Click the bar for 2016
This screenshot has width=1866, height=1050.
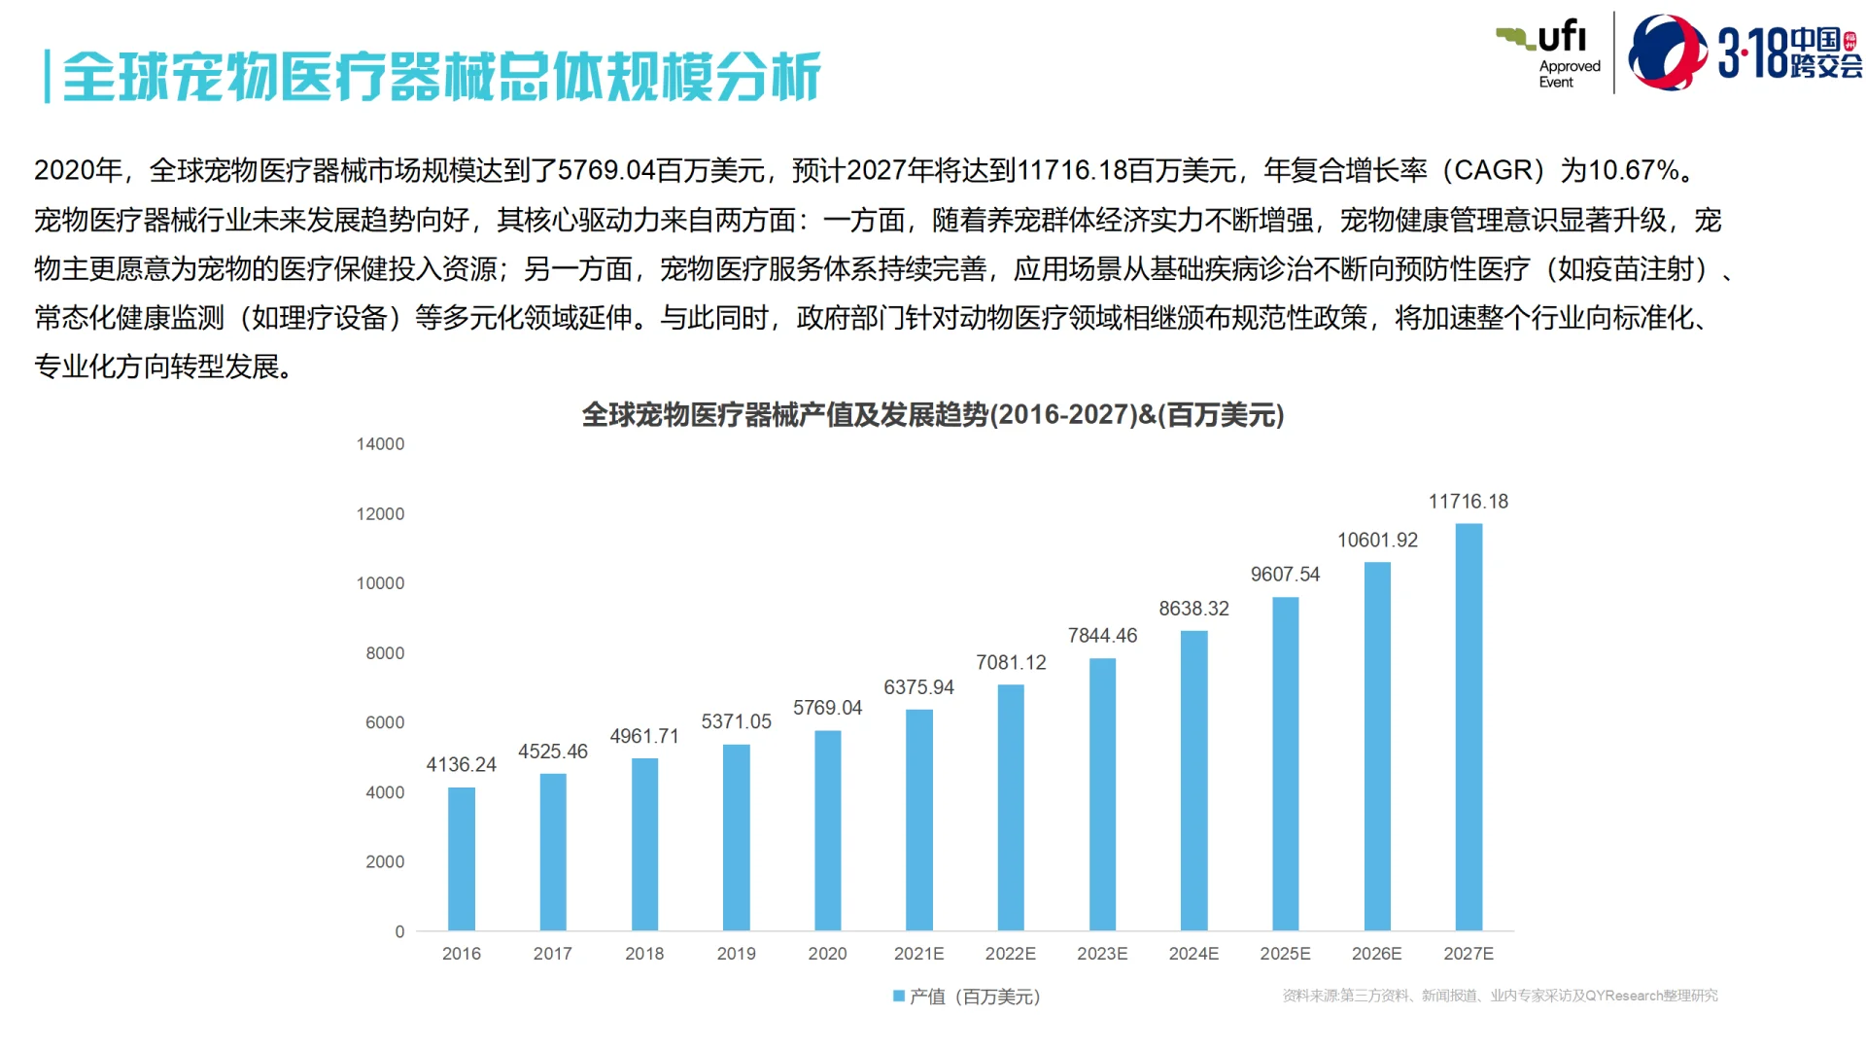click(462, 859)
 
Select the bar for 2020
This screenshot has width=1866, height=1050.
click(827, 831)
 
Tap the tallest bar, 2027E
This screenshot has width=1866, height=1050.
click(1469, 727)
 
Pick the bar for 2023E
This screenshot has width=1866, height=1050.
click(1102, 794)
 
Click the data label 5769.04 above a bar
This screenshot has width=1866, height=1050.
click(827, 708)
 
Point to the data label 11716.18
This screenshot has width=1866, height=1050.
click(1468, 502)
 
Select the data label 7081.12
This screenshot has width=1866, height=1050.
click(1011, 663)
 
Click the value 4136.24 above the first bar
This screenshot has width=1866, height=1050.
click(461, 765)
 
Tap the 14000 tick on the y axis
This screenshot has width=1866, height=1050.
click(380, 444)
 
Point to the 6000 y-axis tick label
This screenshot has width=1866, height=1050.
click(385, 722)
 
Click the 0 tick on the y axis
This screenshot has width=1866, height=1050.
click(399, 931)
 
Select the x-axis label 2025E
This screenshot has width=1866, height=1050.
click(1285, 954)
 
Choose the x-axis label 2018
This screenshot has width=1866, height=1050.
click(644, 954)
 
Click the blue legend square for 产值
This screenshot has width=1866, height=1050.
click(899, 996)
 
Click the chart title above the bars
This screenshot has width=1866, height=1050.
click(933, 415)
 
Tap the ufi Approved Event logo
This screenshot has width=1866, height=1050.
click(1550, 53)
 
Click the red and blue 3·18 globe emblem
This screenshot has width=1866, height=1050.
click(1666, 52)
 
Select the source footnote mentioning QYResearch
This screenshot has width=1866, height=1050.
click(1500, 996)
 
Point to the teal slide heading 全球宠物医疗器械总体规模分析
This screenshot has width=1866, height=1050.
click(442, 77)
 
